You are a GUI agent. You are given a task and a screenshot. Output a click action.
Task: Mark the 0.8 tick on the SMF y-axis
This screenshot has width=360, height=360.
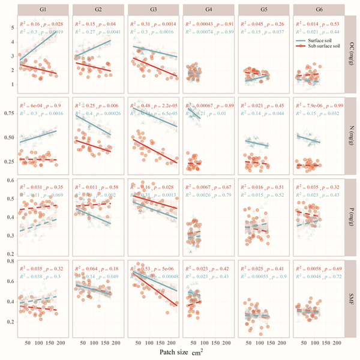point(11,262)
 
